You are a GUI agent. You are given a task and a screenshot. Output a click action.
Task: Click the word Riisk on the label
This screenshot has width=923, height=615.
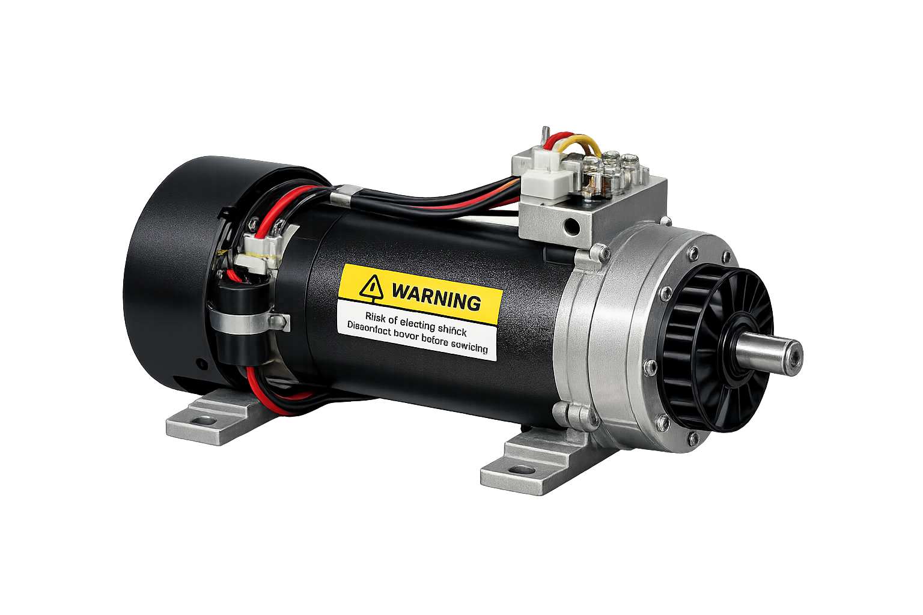pyautogui.click(x=377, y=317)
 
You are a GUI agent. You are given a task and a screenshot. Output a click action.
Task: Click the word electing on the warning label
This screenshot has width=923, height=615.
pyautogui.click(x=418, y=325)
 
